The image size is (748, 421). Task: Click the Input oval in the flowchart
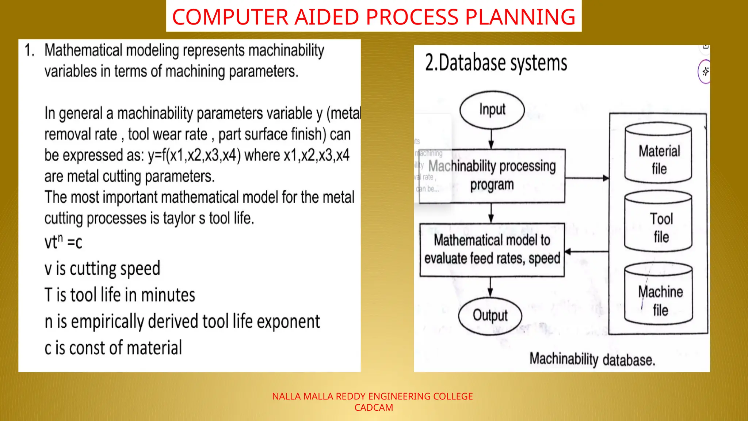492,110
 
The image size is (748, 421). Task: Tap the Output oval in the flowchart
490,315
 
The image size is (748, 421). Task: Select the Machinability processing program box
492,176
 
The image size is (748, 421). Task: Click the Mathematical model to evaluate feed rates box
492,250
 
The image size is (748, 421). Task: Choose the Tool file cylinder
658,221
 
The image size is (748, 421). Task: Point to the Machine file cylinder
659,294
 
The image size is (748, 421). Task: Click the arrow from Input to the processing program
491,139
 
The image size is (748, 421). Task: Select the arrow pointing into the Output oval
491,287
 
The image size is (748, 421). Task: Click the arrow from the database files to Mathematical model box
586,251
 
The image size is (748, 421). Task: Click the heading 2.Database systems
496,63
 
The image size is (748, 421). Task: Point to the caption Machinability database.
592,359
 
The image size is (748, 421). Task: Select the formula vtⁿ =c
63,242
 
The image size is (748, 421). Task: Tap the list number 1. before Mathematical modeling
29,50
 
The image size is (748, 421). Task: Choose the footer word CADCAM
374,407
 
